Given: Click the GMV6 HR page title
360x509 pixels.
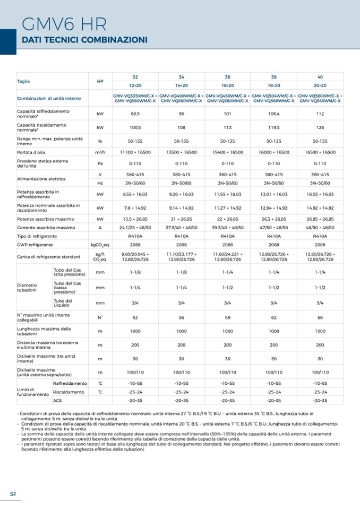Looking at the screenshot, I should coord(64,25).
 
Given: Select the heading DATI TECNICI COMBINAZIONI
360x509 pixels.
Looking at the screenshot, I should coord(84,40).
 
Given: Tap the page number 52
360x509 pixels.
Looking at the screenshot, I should coord(13,494).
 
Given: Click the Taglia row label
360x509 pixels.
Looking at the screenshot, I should coord(23,81).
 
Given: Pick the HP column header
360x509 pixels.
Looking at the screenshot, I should coord(100,81).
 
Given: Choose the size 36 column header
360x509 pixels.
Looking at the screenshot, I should coord(227,77).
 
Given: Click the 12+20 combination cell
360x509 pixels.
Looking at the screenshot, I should coord(135,85).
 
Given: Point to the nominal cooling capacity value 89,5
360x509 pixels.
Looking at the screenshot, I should coord(135,114).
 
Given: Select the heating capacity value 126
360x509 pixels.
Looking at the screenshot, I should coord(320,127).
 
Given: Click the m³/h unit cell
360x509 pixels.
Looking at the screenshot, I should coord(100,152).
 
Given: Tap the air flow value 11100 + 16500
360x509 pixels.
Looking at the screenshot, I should coord(135,152).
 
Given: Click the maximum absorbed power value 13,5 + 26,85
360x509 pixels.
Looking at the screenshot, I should coord(135,219).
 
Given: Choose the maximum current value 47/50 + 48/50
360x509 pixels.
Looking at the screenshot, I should coord(273,228).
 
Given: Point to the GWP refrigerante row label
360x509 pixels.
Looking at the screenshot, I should coord(35,245).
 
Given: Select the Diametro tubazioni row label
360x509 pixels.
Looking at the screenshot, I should coord(27,288).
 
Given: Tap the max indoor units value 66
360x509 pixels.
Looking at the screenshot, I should coord(320,317).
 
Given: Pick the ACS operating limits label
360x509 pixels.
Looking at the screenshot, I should coord(58,401).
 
